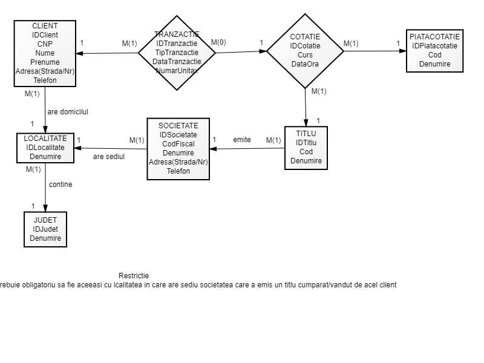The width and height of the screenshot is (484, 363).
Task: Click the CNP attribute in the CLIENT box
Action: (45, 44)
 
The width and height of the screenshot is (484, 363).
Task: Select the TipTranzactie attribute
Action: (177, 53)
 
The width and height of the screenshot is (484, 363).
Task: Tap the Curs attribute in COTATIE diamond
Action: (305, 55)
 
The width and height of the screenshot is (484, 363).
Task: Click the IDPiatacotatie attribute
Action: (434, 46)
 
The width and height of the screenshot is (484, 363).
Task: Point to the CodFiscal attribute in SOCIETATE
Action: (178, 144)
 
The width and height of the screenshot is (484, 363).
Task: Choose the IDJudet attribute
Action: (45, 229)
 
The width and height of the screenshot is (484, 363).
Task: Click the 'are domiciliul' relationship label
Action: (68, 112)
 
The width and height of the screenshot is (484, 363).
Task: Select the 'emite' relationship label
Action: (242, 140)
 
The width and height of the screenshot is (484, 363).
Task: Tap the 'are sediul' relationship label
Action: (109, 157)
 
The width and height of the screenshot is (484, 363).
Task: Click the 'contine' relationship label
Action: (60, 185)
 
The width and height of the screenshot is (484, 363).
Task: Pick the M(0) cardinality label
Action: (218, 42)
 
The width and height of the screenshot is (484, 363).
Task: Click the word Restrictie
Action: (134, 276)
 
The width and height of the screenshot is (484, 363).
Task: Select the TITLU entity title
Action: (306, 133)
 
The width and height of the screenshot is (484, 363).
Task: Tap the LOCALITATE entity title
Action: (45, 139)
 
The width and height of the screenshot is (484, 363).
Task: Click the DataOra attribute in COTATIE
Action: (305, 64)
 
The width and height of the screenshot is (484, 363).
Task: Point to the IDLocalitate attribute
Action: (45, 148)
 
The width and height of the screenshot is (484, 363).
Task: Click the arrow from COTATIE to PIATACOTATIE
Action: (375, 51)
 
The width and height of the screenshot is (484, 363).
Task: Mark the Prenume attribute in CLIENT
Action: (45, 62)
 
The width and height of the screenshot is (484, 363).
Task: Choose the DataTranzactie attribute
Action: (177, 62)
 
